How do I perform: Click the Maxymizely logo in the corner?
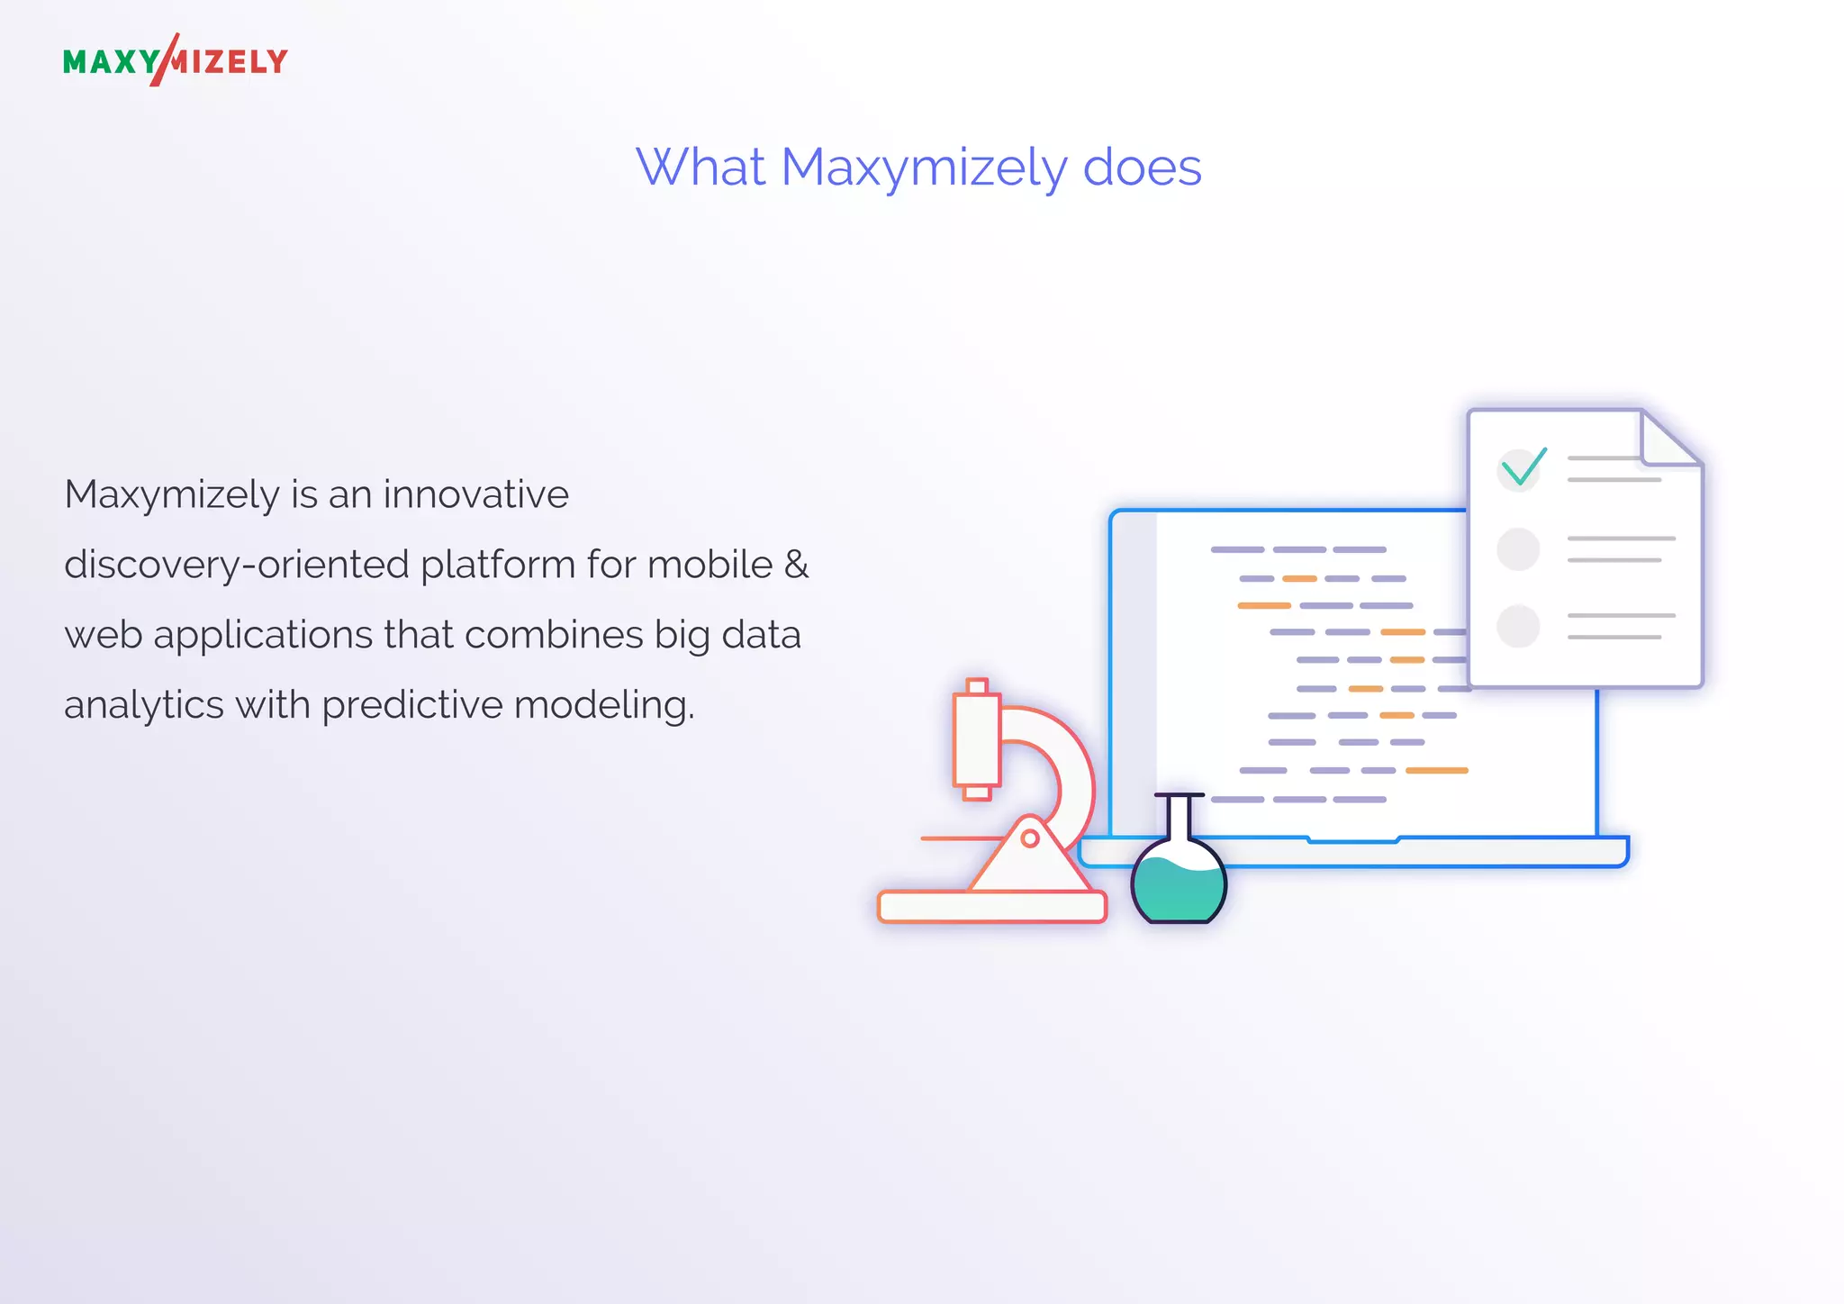[x=176, y=61]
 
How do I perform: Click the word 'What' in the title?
[x=700, y=168]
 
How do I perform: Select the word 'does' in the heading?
[x=1142, y=168]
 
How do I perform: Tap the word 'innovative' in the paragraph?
[x=475, y=494]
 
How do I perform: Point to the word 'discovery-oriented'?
[x=237, y=566]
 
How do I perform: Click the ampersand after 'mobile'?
[x=796, y=565]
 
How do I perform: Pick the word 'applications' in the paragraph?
[x=263, y=635]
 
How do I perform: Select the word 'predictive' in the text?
[x=411, y=705]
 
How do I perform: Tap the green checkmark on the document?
[x=1523, y=466]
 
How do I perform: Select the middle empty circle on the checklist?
[x=1518, y=548]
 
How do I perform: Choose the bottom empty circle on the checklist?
[x=1518, y=626]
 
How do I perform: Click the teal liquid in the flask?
[x=1179, y=892]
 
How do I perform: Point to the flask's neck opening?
[x=1179, y=796]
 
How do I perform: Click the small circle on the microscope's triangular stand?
[x=1030, y=838]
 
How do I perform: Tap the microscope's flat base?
[x=991, y=907]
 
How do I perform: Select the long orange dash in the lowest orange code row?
[x=1436, y=771]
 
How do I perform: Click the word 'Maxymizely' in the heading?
[x=923, y=168]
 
